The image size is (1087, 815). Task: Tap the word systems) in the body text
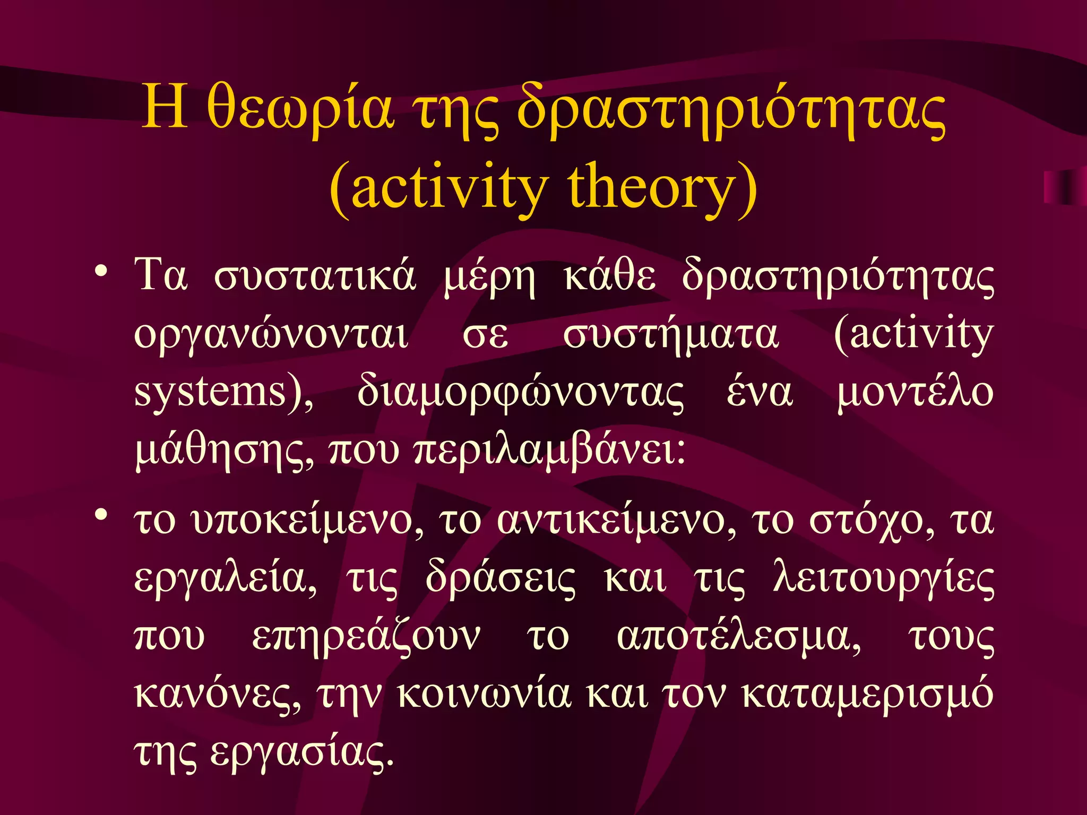[223, 393]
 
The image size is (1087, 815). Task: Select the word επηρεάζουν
[366, 637]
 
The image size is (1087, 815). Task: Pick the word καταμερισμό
[867, 694]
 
